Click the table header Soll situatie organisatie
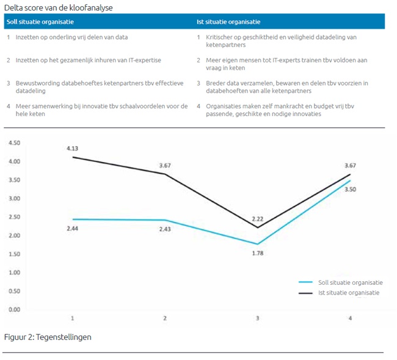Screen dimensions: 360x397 point(40,22)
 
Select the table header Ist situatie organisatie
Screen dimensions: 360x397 point(228,22)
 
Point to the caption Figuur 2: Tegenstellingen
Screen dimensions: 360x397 point(48,337)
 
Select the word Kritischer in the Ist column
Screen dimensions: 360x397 point(218,37)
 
